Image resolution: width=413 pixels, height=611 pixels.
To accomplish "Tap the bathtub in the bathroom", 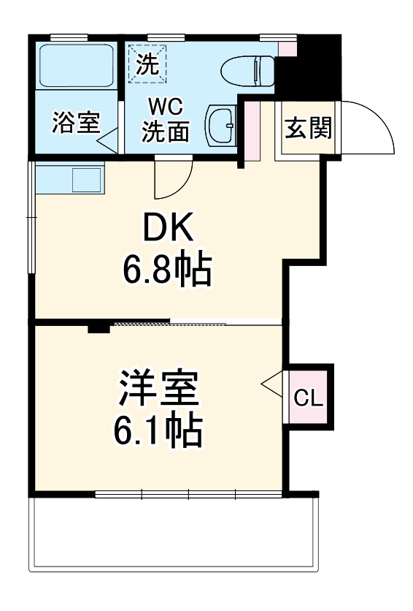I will point(75,66).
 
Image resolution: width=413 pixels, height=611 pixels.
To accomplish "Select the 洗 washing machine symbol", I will point(148,64).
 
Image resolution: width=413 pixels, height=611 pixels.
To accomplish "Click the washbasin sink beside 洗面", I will point(221,126).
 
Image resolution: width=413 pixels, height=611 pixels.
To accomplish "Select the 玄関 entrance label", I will point(308,128).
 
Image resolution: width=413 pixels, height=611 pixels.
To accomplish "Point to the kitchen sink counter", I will point(69,178).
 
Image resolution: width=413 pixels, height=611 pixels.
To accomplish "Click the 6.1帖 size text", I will point(158,431).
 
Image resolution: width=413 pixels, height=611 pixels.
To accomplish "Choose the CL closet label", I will point(308,398).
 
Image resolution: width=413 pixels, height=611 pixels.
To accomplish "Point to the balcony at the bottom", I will point(174,534).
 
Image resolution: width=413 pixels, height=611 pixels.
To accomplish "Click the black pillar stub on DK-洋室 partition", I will point(99,327).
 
